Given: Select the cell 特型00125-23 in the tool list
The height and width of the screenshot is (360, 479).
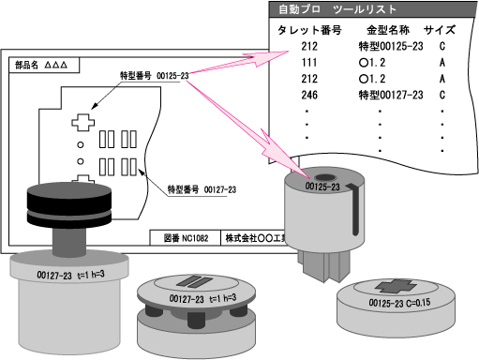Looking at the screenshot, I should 391,45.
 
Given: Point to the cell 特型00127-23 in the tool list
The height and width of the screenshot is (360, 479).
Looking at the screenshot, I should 391,95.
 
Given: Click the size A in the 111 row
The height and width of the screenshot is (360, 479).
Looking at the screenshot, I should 441,62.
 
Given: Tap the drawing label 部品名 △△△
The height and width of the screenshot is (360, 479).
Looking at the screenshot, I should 42,67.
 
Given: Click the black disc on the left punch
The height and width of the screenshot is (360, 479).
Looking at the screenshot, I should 67,202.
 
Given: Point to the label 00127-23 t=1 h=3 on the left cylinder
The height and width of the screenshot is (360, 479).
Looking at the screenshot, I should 68,275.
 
